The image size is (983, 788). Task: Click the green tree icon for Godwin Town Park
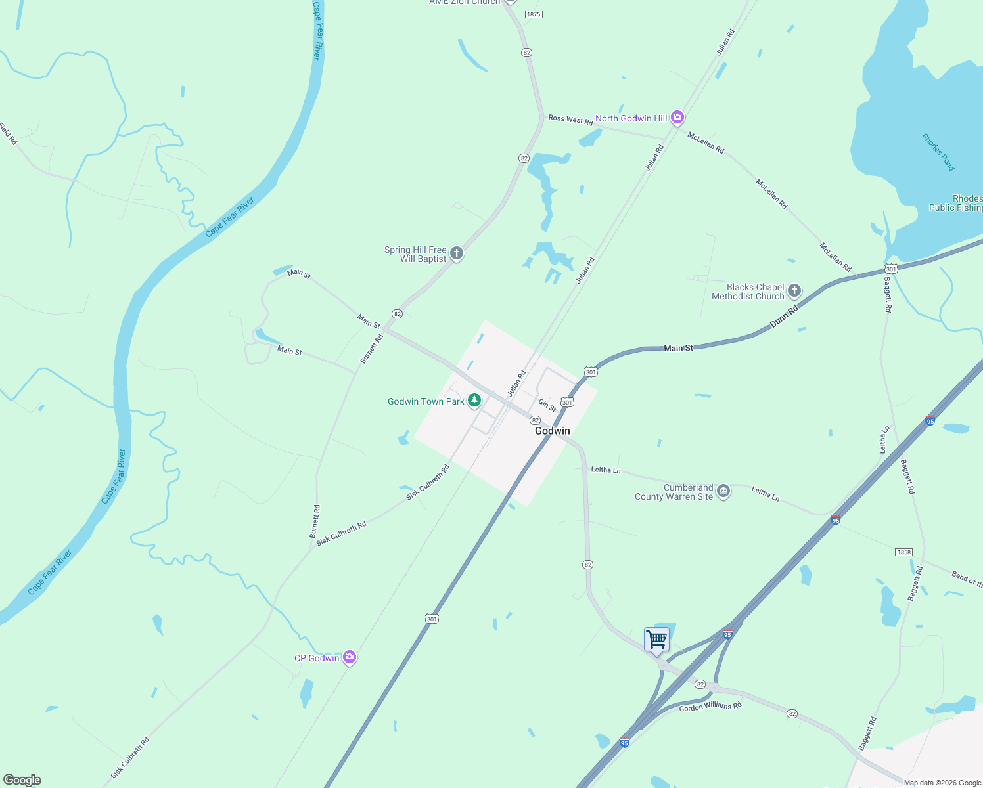click(474, 401)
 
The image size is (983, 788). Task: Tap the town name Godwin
click(552, 431)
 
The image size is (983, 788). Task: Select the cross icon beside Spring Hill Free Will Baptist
click(457, 253)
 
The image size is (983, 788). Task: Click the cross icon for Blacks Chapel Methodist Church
click(794, 290)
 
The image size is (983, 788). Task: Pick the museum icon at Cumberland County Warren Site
click(723, 491)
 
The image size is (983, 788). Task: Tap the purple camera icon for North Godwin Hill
click(677, 118)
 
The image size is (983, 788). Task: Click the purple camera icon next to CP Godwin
click(350, 657)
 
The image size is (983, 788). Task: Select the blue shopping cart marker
click(656, 639)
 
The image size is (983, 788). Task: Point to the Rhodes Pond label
click(938, 152)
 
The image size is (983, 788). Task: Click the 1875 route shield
click(534, 14)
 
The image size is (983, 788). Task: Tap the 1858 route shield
click(904, 552)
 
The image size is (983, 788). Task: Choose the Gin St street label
click(547, 406)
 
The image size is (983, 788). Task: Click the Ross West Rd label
click(570, 119)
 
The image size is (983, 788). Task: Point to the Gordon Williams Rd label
click(710, 707)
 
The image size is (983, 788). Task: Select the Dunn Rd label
click(784, 317)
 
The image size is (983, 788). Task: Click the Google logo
click(22, 780)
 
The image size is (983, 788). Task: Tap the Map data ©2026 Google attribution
click(942, 783)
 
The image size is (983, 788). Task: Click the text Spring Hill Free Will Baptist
click(415, 254)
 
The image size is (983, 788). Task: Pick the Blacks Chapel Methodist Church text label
click(748, 292)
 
